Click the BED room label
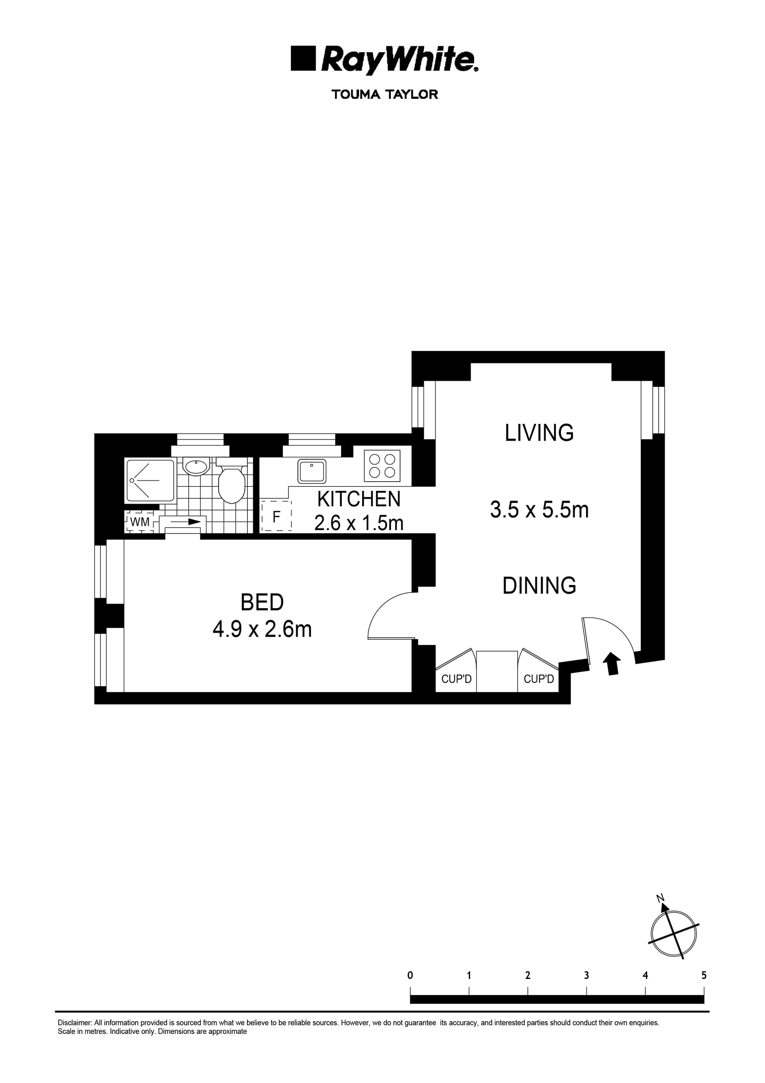[x=262, y=603]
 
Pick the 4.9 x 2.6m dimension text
[x=262, y=629]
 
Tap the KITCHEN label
[x=359, y=499]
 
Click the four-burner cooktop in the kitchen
[x=382, y=466]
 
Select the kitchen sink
[x=312, y=471]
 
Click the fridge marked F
[x=276, y=516]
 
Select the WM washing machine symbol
[x=139, y=522]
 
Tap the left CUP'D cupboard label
[x=456, y=679]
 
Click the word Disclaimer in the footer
[x=75, y=1023]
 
